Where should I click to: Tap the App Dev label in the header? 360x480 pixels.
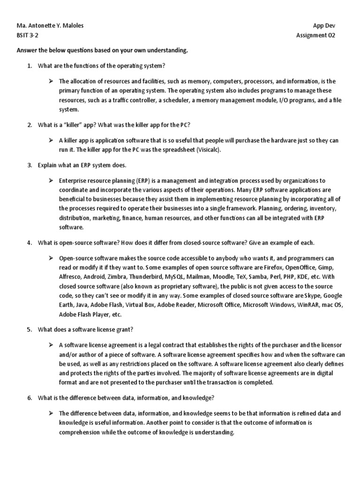point(324,25)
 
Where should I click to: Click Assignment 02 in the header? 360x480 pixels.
point(316,36)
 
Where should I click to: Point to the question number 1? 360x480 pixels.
point(29,66)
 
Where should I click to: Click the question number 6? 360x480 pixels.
point(29,398)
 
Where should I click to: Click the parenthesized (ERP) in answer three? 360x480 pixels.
point(143,180)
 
